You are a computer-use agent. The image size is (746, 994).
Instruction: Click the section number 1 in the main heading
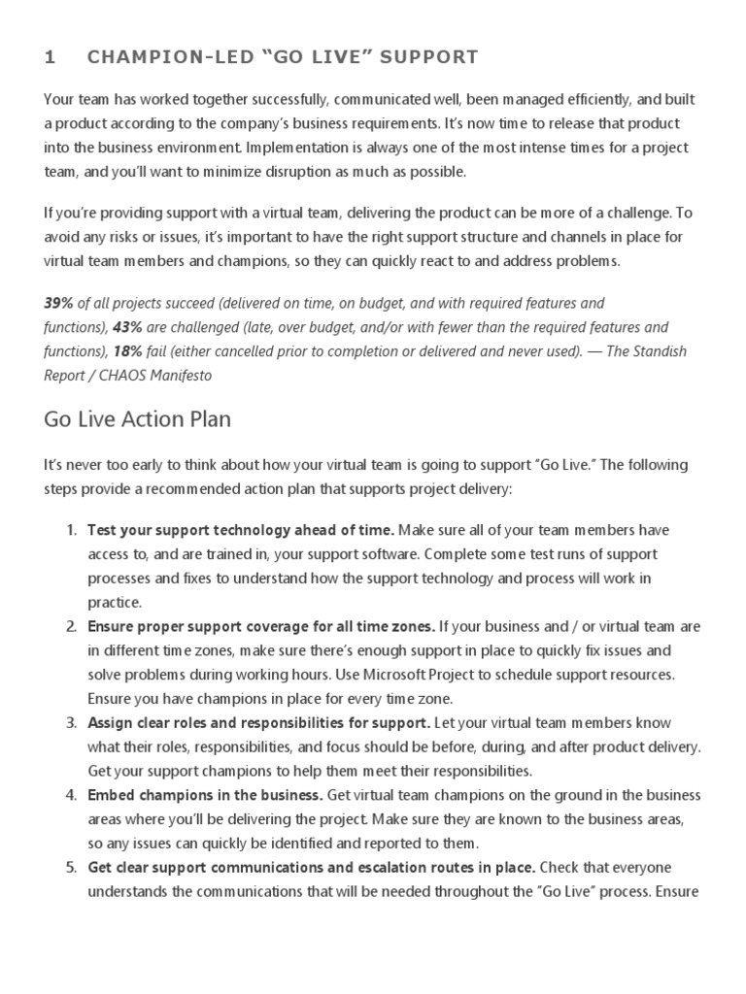pyautogui.click(x=50, y=57)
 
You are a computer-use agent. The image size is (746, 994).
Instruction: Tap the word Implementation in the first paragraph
pyautogui.click(x=293, y=149)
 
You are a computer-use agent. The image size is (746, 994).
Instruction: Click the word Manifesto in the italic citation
pyautogui.click(x=177, y=374)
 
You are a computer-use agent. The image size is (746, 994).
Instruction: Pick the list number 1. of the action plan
pyautogui.click(x=71, y=530)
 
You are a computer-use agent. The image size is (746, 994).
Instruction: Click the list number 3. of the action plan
pyautogui.click(x=71, y=723)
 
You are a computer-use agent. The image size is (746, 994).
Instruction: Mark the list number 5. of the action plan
pyautogui.click(x=71, y=867)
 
